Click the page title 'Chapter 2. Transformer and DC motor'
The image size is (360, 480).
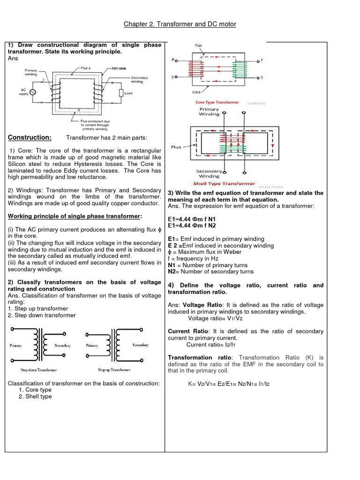pos(180,24)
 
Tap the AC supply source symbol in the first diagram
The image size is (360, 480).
pos(33,92)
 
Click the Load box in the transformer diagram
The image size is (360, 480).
pos(121,93)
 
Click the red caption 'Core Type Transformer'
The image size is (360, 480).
pos(217,102)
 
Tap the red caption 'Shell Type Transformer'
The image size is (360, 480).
pos(225,184)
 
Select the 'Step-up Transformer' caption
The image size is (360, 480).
pos(114,369)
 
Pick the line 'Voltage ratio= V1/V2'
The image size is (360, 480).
pos(215,318)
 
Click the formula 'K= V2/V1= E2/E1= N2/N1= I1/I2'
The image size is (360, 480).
pos(229,384)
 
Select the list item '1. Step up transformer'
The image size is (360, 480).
pos(38,308)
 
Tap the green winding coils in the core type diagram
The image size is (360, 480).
pos(240,71)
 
